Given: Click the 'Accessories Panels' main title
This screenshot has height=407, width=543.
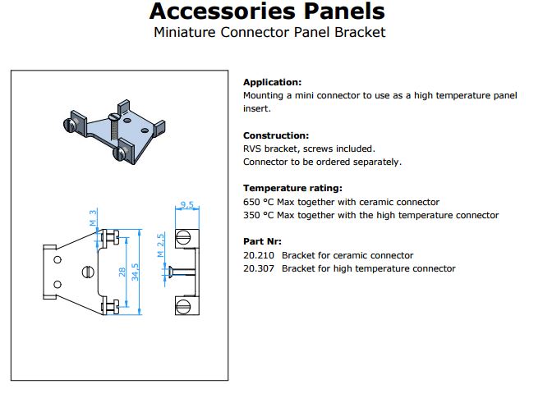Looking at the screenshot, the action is click(x=267, y=11).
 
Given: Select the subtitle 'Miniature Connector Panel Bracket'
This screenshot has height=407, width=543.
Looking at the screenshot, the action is click(x=269, y=33).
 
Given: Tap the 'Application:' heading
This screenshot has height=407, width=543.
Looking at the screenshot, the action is click(x=272, y=82).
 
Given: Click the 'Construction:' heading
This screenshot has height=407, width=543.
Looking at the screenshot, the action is click(x=276, y=135).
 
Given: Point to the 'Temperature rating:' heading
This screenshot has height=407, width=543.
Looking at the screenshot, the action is click(x=292, y=189).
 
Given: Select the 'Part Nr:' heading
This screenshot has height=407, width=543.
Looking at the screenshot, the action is click(x=262, y=241).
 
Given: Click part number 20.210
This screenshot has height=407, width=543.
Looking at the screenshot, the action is click(x=258, y=255).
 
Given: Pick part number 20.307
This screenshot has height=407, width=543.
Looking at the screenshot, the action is click(x=258, y=268).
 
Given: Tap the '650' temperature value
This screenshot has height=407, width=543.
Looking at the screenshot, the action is click(x=251, y=202).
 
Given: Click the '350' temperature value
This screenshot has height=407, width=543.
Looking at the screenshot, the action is click(x=251, y=216).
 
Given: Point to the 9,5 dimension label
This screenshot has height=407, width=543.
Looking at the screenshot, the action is click(x=187, y=204).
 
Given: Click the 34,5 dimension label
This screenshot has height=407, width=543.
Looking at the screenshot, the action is click(x=135, y=272).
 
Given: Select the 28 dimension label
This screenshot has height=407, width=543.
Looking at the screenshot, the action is click(x=122, y=272).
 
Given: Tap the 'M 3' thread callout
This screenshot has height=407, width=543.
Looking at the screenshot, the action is click(x=93, y=218).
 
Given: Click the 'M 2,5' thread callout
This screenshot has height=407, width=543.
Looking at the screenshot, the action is click(x=160, y=245).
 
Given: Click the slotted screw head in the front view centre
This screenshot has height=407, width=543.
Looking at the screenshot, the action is click(x=88, y=272).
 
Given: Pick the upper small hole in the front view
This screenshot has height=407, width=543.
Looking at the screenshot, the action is click(x=58, y=259).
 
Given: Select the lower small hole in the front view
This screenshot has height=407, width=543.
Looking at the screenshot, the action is click(x=58, y=285).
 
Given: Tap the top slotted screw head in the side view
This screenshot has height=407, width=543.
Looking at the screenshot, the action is click(x=183, y=238).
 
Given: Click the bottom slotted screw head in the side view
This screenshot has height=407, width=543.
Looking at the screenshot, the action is click(x=183, y=306).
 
